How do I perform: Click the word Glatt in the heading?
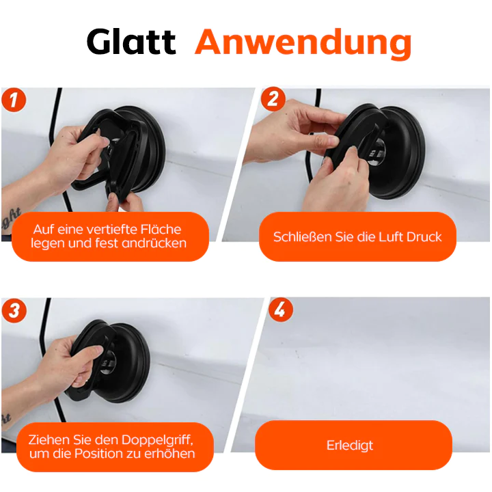tap(131, 42)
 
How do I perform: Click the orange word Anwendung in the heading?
tap(303, 42)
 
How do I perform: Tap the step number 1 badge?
tap(14, 100)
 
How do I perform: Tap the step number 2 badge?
tap(273, 100)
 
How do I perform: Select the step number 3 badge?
tap(14, 311)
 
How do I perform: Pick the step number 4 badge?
tap(280, 311)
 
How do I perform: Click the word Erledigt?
tap(350, 446)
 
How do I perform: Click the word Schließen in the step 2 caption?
tap(301, 237)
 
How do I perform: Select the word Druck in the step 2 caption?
tap(424, 237)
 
